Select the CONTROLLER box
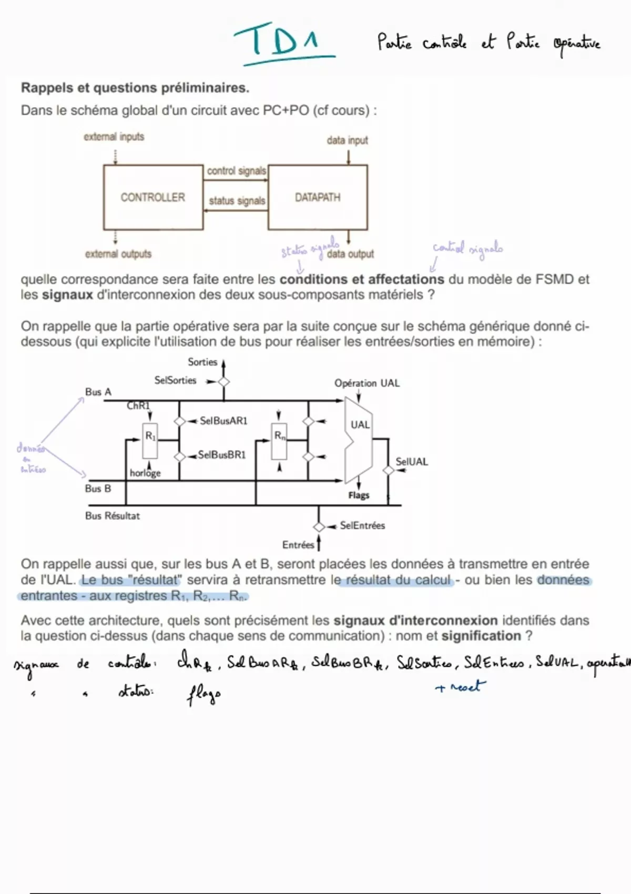coord(153,197)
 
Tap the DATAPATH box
coord(318,197)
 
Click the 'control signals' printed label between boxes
coord(236,171)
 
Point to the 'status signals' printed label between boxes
coord(237,201)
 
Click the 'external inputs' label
coord(114,137)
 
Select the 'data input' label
coord(347,140)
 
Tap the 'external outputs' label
coord(118,254)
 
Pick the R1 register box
coord(150,441)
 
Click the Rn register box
coord(279,441)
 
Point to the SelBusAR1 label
coord(223,421)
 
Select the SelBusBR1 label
coord(222,455)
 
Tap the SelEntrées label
coord(362,525)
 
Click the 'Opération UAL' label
coord(367,383)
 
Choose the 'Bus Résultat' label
coord(113,516)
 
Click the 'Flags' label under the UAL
coord(359,495)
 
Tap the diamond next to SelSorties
coord(224,382)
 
